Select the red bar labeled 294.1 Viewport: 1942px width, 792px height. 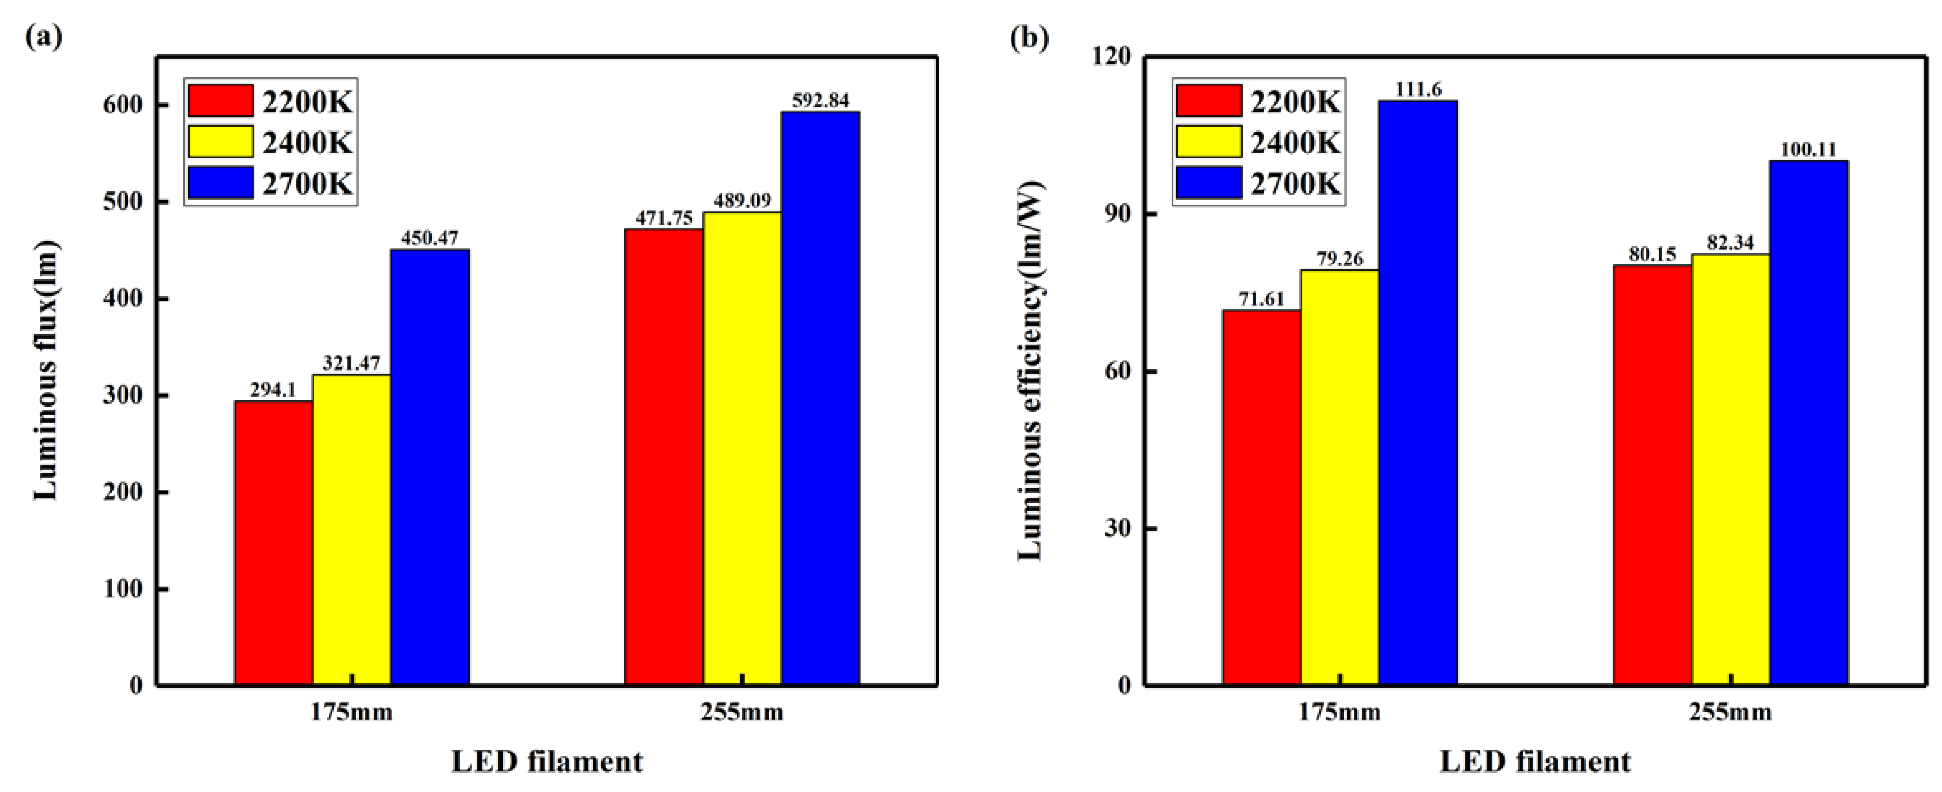[273, 543]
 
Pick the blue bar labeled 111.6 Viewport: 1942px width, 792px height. [1417, 392]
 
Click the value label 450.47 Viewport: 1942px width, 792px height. [429, 238]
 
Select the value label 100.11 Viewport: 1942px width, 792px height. [1808, 149]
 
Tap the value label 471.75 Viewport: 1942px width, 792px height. [663, 218]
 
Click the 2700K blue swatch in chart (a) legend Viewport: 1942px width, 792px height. [220, 183]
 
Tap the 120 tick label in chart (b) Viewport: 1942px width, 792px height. [1110, 57]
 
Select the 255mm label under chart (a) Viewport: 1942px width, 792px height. [742, 712]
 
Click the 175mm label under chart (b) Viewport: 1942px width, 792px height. [1339, 712]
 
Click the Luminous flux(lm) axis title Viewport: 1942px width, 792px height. [45, 369]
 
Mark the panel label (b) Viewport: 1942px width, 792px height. [1029, 36]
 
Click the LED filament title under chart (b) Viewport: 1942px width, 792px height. [1535, 762]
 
